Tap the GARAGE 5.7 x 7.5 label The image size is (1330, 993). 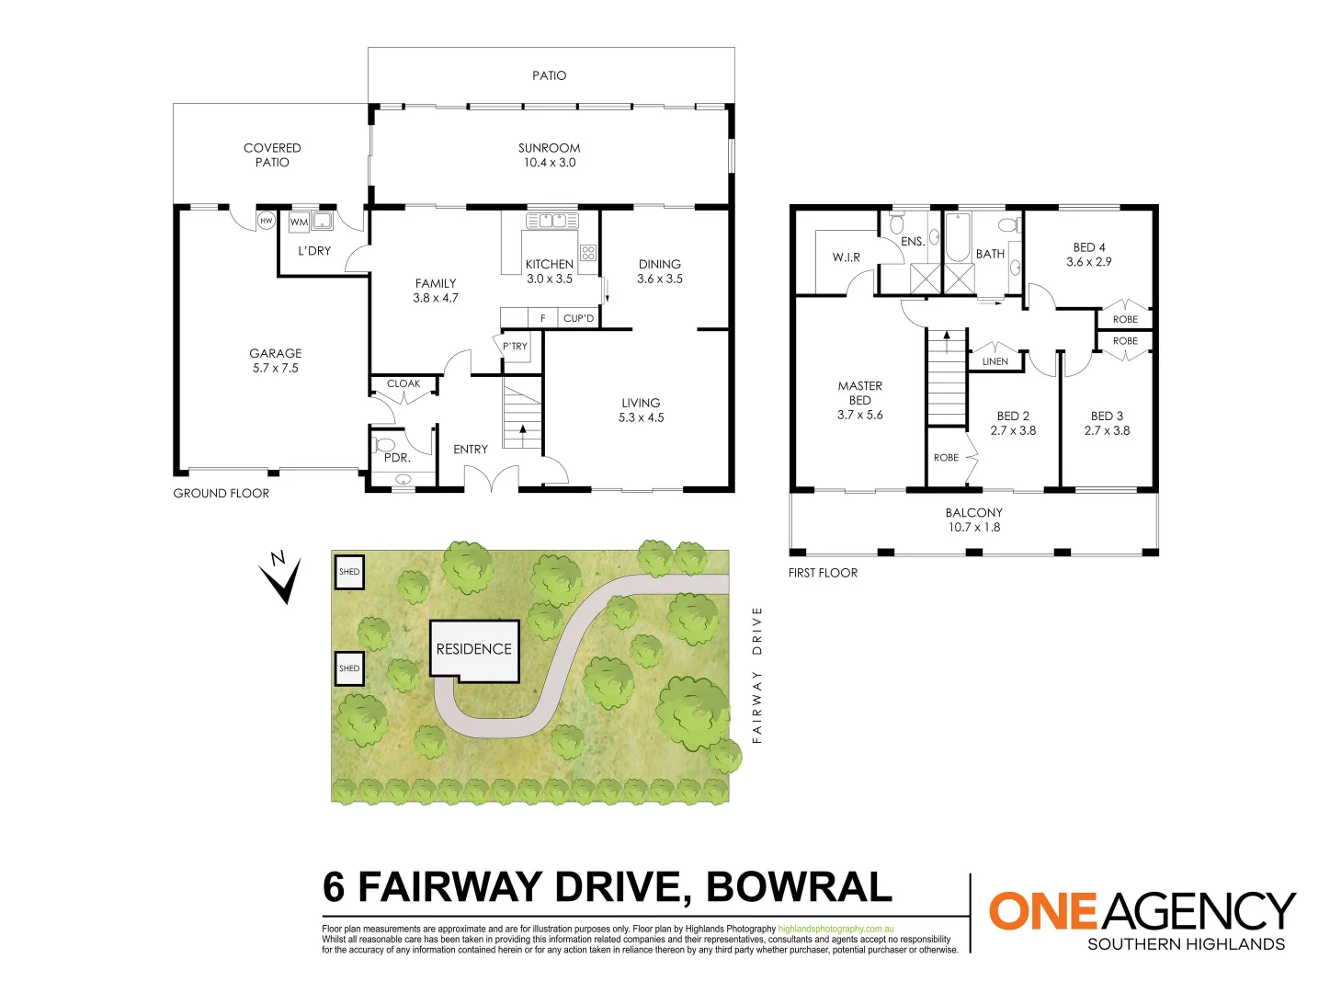pos(276,360)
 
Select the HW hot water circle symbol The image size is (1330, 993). pos(266,221)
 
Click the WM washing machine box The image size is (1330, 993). pos(299,222)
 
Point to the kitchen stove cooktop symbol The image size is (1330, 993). pos(588,253)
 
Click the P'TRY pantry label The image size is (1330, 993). pos(515,347)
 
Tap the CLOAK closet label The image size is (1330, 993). pos(404,383)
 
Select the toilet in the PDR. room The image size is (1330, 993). pos(384,446)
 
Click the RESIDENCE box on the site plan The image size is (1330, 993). pos(474,650)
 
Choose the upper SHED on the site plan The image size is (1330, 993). pos(349,572)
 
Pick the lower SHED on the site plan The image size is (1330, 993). pos(349,668)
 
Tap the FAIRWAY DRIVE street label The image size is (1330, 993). pos(757,674)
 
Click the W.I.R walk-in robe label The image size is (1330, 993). pos(847,257)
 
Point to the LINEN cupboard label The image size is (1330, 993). pos(995,361)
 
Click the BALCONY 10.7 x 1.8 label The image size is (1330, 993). pos(974,519)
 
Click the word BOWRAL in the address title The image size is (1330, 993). pos(799,887)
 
